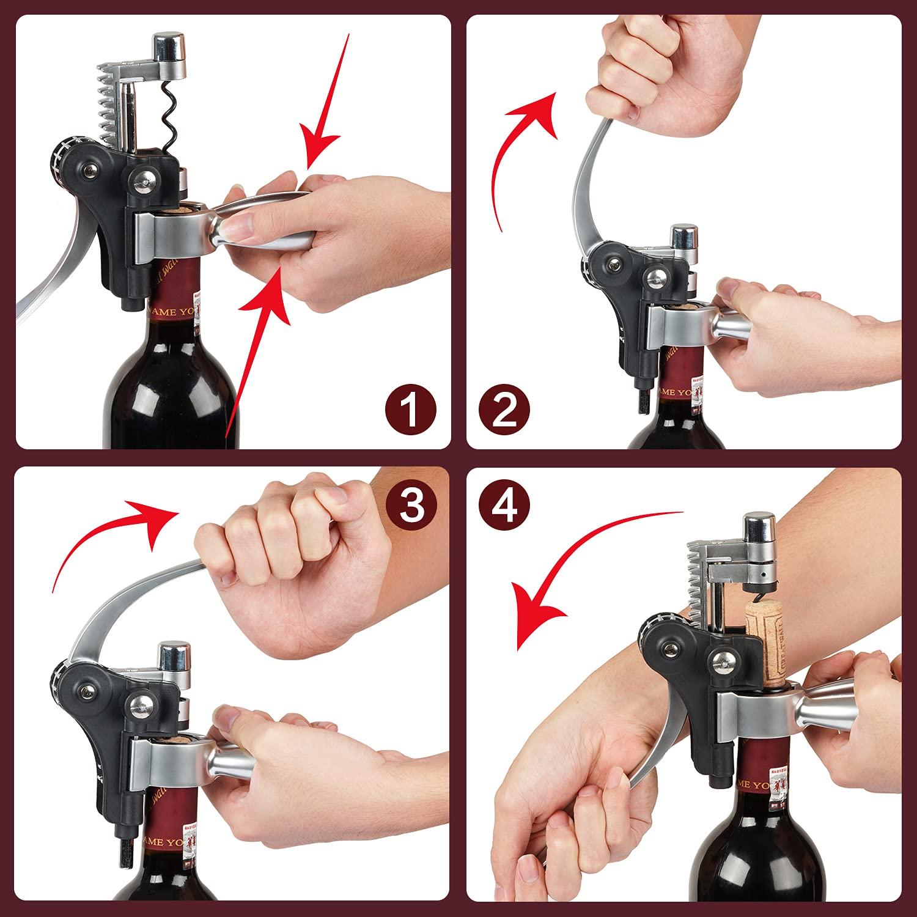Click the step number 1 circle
(x=411, y=410)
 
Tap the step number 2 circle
(x=505, y=410)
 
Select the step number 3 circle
(x=411, y=506)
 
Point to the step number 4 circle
(x=505, y=506)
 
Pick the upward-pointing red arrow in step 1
(x=257, y=342)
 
